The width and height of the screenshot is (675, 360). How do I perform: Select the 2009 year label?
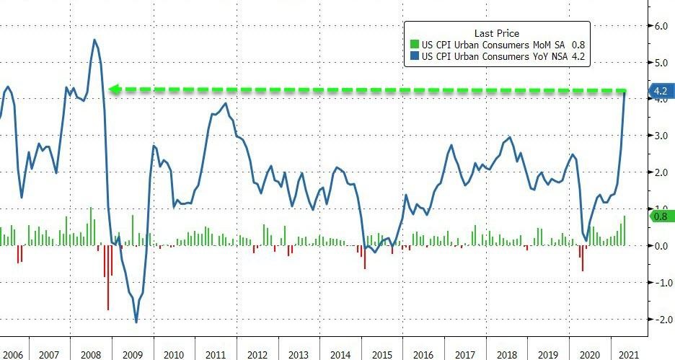point(132,355)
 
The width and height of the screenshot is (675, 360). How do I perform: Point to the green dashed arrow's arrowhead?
point(112,89)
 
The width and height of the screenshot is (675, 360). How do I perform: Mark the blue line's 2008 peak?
point(95,40)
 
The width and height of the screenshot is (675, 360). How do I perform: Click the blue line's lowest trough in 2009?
point(136,322)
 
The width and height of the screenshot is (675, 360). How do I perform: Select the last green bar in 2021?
point(624,230)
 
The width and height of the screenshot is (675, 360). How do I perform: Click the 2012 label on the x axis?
point(256,355)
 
